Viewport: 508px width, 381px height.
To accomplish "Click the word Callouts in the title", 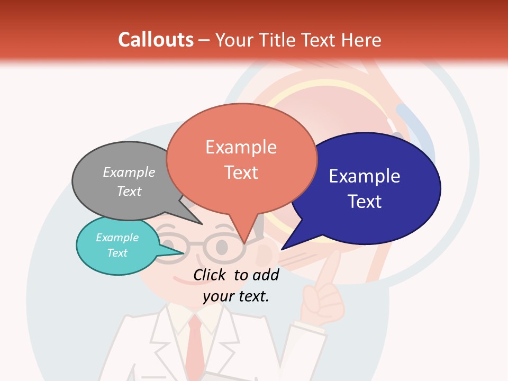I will [x=156, y=40].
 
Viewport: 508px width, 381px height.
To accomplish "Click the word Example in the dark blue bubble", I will [x=365, y=176].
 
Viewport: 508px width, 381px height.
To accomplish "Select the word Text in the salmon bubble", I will [x=241, y=173].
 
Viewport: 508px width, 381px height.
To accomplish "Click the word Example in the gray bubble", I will [x=129, y=172].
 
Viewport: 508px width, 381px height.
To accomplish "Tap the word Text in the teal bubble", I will [x=117, y=253].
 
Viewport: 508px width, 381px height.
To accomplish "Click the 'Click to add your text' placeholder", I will [x=236, y=285].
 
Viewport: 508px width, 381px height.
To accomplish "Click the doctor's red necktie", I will [x=195, y=344].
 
